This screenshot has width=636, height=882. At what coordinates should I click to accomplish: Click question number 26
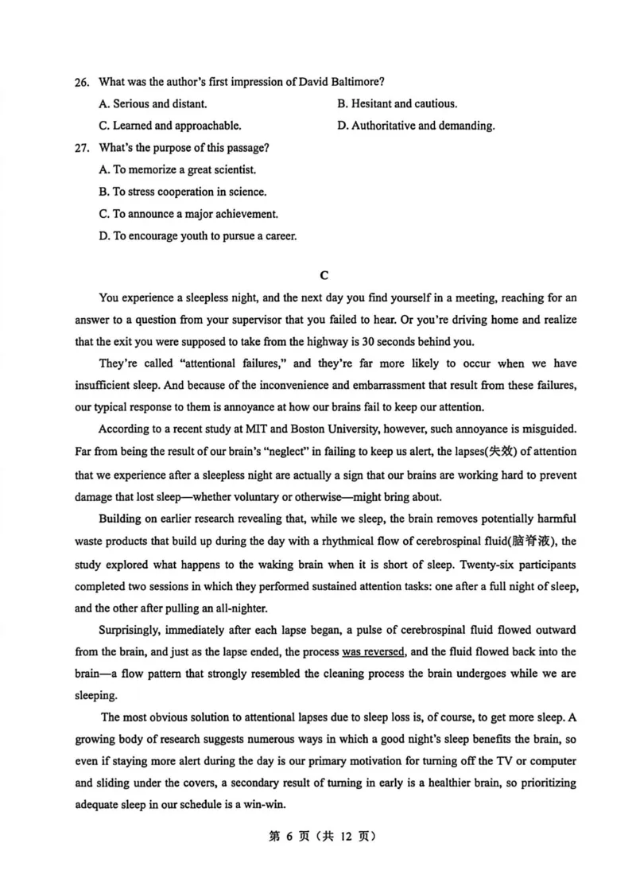[x=80, y=82]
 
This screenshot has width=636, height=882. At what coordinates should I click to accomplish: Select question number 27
[x=80, y=148]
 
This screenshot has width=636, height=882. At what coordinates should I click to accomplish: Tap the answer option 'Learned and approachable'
[x=169, y=126]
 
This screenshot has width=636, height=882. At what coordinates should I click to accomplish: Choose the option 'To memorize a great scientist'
[x=177, y=169]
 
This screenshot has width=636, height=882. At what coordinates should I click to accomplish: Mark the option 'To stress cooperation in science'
[x=182, y=192]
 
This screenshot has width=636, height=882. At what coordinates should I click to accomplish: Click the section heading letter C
[x=324, y=275]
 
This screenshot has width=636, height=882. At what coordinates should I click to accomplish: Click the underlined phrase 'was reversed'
[x=374, y=652]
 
